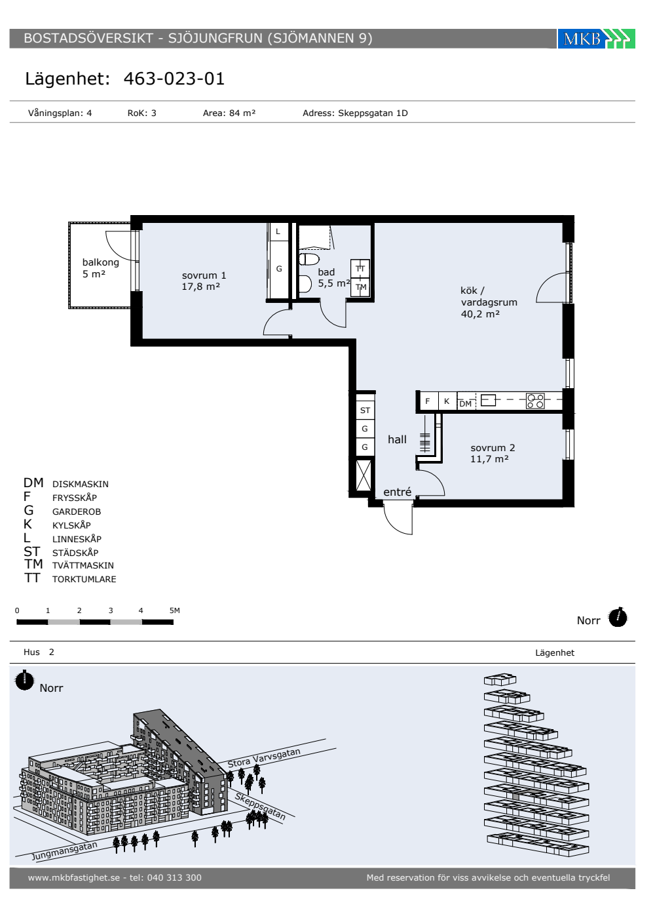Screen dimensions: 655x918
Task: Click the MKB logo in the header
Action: click(x=596, y=39)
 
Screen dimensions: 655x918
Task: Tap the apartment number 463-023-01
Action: click(x=174, y=79)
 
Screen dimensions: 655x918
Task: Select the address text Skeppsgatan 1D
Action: click(x=373, y=113)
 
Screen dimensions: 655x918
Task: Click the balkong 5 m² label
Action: click(x=100, y=268)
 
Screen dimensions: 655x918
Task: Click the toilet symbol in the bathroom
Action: click(x=309, y=259)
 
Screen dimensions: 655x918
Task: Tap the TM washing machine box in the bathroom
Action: click(x=361, y=287)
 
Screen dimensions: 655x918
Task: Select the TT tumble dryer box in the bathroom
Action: click(x=360, y=269)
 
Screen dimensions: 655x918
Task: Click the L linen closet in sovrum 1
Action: click(x=278, y=231)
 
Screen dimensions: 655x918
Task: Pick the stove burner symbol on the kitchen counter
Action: click(x=535, y=401)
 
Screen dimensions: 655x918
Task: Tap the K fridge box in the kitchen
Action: click(x=447, y=401)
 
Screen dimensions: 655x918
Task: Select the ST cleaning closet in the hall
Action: click(x=365, y=410)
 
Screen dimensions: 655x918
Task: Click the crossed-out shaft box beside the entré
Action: click(x=364, y=475)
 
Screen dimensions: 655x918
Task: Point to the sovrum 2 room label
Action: click(x=493, y=453)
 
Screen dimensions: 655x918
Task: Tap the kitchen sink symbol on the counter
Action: click(x=488, y=400)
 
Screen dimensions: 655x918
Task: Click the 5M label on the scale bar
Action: click(x=175, y=610)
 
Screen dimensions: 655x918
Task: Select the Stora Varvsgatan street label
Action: click(x=264, y=758)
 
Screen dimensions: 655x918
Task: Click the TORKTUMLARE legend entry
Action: click(x=84, y=579)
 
